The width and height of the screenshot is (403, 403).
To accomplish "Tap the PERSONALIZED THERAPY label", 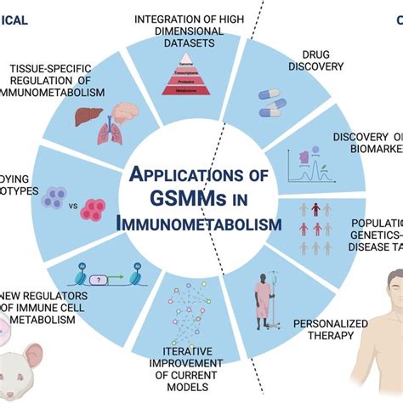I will tap(343, 331).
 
